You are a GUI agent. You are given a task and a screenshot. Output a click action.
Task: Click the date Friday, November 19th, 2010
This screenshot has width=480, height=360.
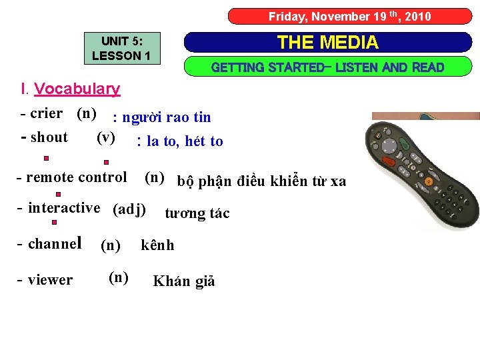pos(349,17)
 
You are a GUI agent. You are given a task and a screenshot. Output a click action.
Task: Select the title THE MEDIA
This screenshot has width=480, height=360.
pos(327,43)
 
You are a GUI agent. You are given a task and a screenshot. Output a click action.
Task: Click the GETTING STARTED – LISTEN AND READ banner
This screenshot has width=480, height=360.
pos(327,67)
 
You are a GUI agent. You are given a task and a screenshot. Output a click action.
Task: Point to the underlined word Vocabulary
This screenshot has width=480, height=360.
pos(77,89)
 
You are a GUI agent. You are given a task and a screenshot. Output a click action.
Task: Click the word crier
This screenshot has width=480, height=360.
pos(46,114)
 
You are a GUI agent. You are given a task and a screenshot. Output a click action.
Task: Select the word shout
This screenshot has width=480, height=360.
pos(49,138)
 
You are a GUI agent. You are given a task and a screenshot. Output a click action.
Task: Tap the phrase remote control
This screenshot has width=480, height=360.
pos(75,177)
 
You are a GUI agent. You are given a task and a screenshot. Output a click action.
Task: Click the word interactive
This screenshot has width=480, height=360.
pos(64,208)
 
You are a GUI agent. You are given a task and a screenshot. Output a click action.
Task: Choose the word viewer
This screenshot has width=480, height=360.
pos(51,280)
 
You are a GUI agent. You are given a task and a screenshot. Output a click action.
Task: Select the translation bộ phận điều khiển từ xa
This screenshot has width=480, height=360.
pos(261,181)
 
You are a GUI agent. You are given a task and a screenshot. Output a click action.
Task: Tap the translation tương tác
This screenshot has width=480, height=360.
pos(197,213)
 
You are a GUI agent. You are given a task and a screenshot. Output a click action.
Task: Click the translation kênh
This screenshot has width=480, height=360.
pos(157,245)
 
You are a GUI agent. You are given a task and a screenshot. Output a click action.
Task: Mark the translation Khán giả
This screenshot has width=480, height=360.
pos(184,281)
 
